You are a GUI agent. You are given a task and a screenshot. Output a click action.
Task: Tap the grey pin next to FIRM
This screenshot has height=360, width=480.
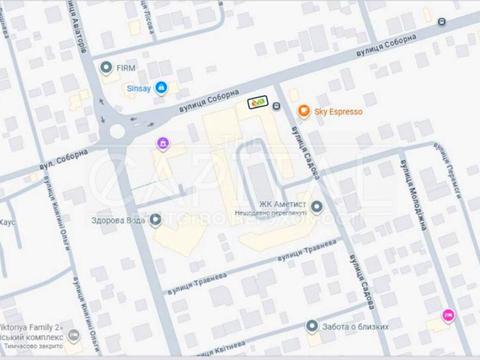(x=107, y=68)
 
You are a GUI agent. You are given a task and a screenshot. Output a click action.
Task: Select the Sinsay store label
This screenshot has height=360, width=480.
(x=137, y=88)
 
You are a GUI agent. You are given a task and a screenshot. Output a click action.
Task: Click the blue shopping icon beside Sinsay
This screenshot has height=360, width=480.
(x=161, y=88)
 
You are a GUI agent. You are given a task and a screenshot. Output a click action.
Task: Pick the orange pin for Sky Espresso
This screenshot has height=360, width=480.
(x=304, y=113)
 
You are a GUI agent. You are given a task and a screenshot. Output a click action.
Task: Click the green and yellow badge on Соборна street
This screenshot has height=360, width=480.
(x=258, y=101)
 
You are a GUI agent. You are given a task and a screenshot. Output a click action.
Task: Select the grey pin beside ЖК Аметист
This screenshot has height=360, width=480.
(x=317, y=207)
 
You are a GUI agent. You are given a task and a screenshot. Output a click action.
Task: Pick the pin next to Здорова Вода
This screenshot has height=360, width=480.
(x=156, y=221)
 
